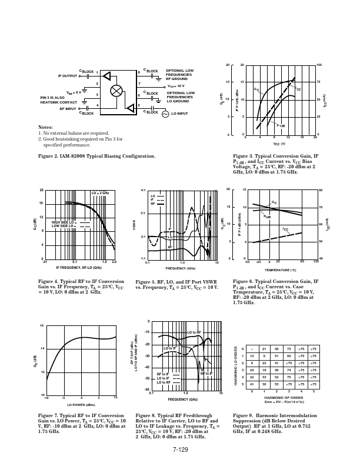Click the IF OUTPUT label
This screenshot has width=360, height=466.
click(68, 76)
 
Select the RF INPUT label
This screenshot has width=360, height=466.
click(68, 109)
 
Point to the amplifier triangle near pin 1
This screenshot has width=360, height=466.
click(106, 76)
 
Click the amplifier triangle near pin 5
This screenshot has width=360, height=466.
click(128, 107)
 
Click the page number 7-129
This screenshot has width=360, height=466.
click(180, 450)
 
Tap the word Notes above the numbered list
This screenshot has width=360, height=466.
click(45, 127)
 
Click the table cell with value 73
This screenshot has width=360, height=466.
click(288, 349)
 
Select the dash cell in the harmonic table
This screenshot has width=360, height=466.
click(251, 349)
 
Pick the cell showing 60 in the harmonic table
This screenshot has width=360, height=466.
click(288, 356)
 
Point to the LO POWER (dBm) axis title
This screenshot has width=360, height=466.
click(81, 405)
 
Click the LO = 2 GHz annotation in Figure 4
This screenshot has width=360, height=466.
click(99, 192)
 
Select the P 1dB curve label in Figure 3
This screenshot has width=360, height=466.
click(282, 125)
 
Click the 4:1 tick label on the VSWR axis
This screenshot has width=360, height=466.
click(143, 191)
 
